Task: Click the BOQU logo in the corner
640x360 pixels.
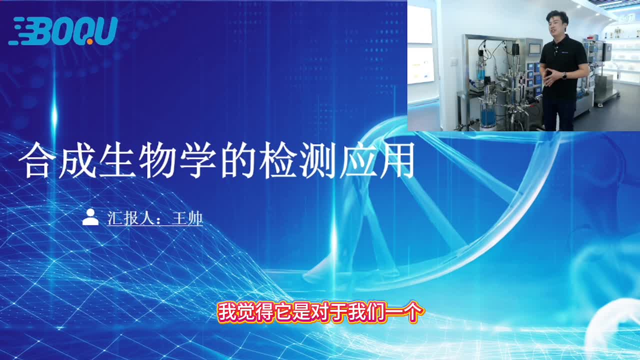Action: click(x=63, y=31)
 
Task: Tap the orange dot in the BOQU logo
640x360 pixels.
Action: click(x=89, y=41)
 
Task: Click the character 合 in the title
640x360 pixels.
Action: click(x=37, y=160)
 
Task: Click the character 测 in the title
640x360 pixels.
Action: click(x=317, y=160)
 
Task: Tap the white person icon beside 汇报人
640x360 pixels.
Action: click(x=90, y=217)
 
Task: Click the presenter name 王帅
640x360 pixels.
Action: click(x=187, y=218)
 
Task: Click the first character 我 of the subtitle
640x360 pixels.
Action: click(x=227, y=312)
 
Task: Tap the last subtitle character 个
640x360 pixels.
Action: click(x=413, y=312)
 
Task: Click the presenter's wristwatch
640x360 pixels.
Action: click(x=564, y=75)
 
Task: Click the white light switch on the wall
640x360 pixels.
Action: click(x=453, y=61)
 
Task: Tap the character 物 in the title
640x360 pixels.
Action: click(x=157, y=160)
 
